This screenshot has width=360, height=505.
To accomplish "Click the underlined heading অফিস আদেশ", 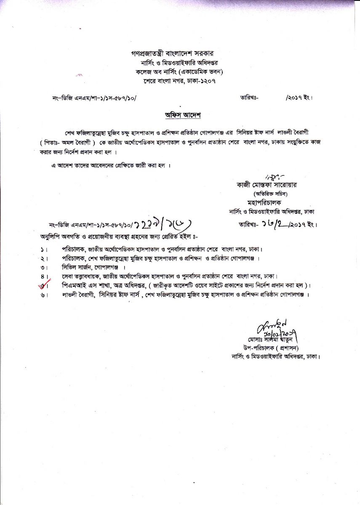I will tap(180, 115).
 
